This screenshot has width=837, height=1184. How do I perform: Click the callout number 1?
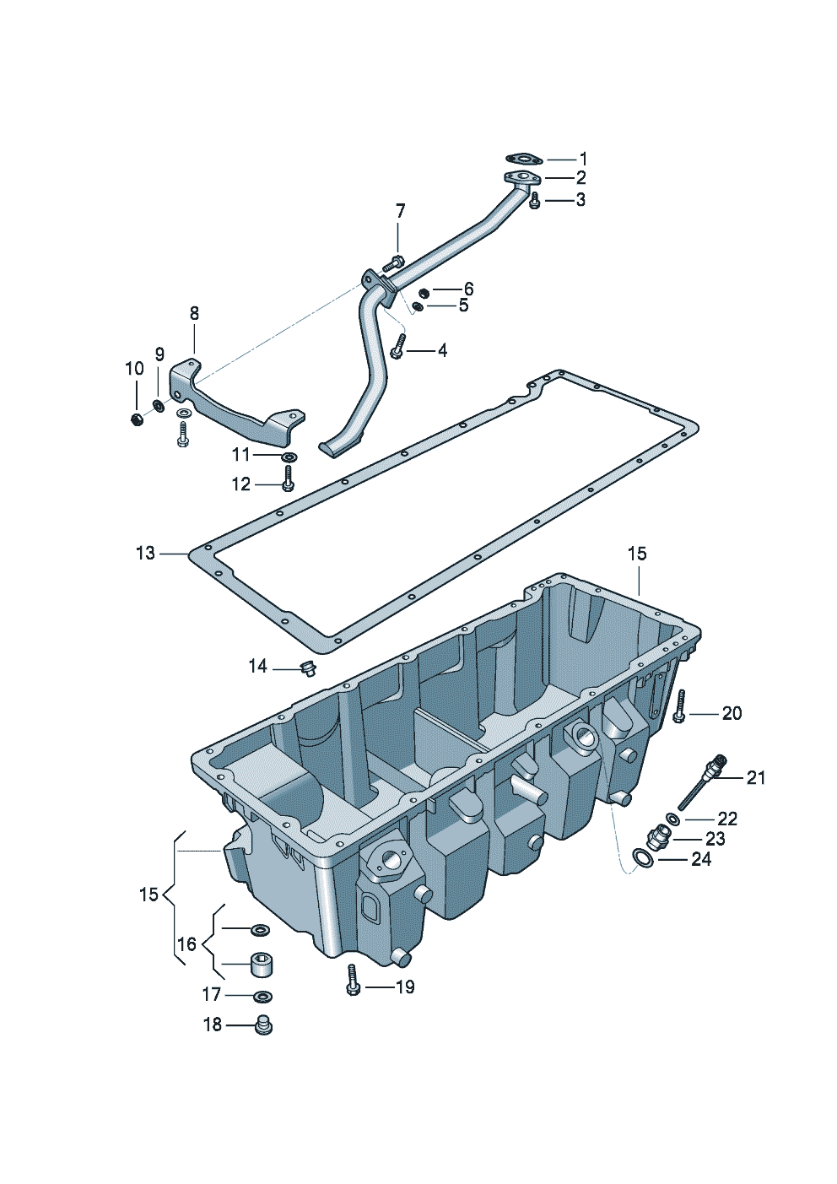tap(583, 159)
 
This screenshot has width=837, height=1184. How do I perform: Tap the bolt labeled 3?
tap(534, 201)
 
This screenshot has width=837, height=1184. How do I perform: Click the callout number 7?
tap(401, 211)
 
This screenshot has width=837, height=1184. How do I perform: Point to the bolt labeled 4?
tap(398, 346)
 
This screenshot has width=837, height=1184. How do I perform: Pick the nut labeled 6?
tap(424, 292)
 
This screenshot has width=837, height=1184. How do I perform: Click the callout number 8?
tap(194, 314)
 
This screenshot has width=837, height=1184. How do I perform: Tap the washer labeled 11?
tap(289, 457)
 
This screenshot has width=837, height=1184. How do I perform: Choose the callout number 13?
tap(146, 553)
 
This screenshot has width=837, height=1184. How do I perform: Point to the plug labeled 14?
tap(307, 669)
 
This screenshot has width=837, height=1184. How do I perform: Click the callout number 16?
tap(186, 944)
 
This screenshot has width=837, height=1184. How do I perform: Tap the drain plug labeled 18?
tap(263, 1025)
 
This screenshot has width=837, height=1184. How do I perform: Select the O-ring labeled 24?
tap(642, 859)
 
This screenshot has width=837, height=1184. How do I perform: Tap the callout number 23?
tap(715, 839)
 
